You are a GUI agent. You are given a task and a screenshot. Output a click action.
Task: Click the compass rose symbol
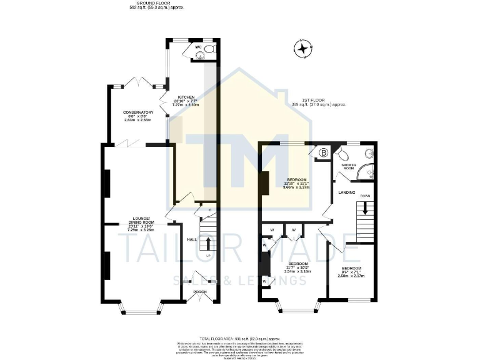[304, 48]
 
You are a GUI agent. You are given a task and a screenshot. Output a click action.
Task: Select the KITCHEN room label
[186, 97]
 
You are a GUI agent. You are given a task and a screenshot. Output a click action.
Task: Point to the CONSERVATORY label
[138, 112]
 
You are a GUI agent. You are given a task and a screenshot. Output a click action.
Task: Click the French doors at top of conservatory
[136, 82]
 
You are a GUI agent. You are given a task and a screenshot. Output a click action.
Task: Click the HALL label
[192, 239]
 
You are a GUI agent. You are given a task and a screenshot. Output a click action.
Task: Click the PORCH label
[199, 292]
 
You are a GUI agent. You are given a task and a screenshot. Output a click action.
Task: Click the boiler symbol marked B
[324, 152]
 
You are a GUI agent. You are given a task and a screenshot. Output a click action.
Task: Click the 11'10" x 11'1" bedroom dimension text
[297, 183]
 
